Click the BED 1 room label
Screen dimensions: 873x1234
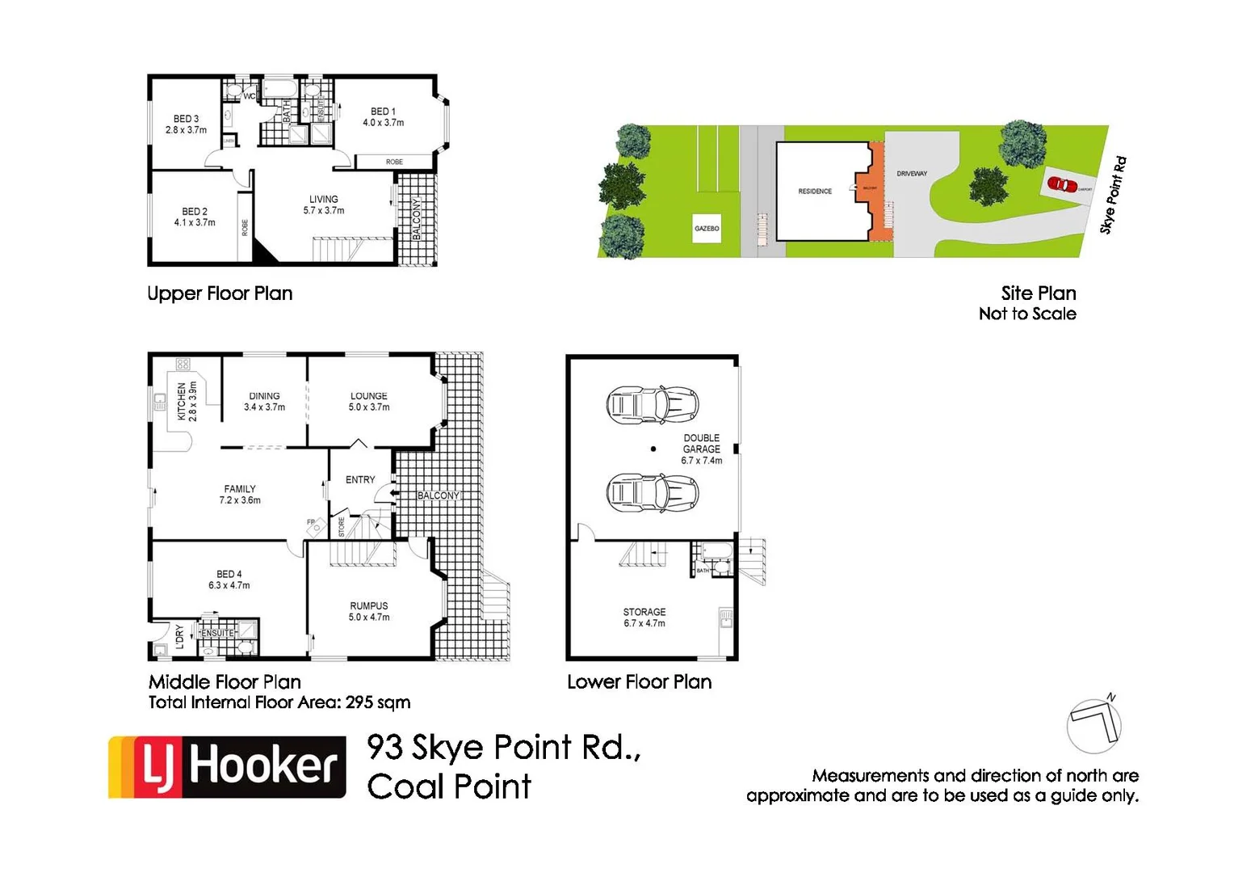tap(383, 117)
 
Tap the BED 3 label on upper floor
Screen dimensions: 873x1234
tap(186, 124)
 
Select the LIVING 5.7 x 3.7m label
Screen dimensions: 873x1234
tap(324, 205)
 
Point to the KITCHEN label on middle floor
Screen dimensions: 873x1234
tap(187, 402)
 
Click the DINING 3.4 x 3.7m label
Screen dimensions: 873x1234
tap(264, 402)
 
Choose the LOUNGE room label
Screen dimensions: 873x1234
tap(369, 402)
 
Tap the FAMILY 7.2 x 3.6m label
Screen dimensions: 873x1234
tap(240, 495)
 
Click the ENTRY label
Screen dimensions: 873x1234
tap(360, 479)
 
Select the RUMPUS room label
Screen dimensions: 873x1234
tap(369, 611)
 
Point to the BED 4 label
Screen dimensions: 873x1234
tap(229, 580)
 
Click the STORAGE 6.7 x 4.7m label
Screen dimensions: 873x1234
tap(644, 618)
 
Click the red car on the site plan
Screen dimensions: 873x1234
tap(1063, 184)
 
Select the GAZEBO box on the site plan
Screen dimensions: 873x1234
tap(707, 229)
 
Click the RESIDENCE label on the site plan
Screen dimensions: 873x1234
tap(815, 192)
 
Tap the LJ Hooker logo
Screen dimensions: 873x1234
tap(228, 766)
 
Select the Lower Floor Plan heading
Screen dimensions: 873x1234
tap(639, 682)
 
